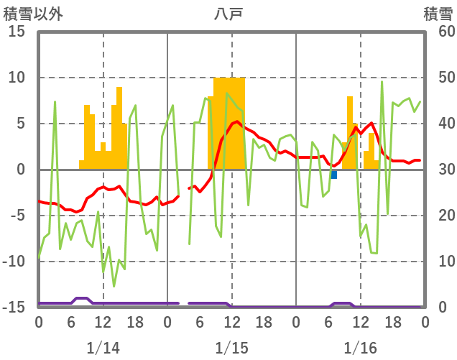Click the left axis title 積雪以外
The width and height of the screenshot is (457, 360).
click(27, 13)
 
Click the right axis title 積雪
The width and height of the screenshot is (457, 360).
click(437, 13)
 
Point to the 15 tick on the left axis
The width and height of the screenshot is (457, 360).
click(17, 32)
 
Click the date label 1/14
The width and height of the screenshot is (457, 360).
click(103, 348)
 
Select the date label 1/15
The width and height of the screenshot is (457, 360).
click(231, 348)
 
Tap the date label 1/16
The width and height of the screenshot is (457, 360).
click(360, 348)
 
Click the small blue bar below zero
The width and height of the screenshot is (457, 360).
click(334, 175)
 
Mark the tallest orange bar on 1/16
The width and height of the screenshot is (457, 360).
click(350, 133)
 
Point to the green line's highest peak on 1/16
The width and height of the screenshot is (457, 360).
click(382, 82)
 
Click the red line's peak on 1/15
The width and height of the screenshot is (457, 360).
click(237, 121)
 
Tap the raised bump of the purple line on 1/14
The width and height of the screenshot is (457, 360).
click(81, 298)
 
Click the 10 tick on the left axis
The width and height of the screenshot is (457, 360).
click(17, 78)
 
